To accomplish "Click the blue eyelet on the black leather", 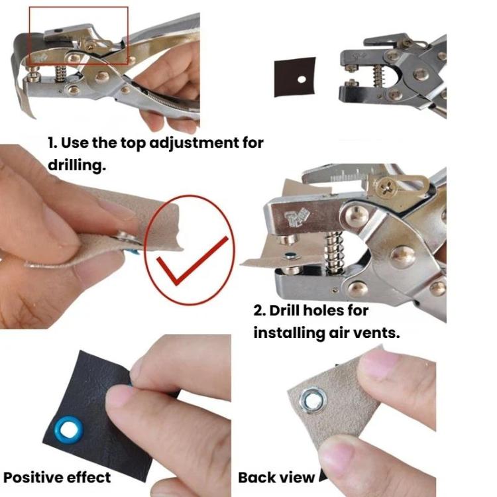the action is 69,429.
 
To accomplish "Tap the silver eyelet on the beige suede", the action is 313,401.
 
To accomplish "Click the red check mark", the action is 192,260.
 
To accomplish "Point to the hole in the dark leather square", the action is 302,80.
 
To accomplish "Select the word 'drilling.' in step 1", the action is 77,165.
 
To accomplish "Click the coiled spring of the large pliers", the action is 334,252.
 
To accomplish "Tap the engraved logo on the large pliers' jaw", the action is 297,217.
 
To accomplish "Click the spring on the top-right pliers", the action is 378,76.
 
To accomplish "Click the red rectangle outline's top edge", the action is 79,7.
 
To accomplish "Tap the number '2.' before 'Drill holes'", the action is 260,311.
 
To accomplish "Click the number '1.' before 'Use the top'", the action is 52,143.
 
